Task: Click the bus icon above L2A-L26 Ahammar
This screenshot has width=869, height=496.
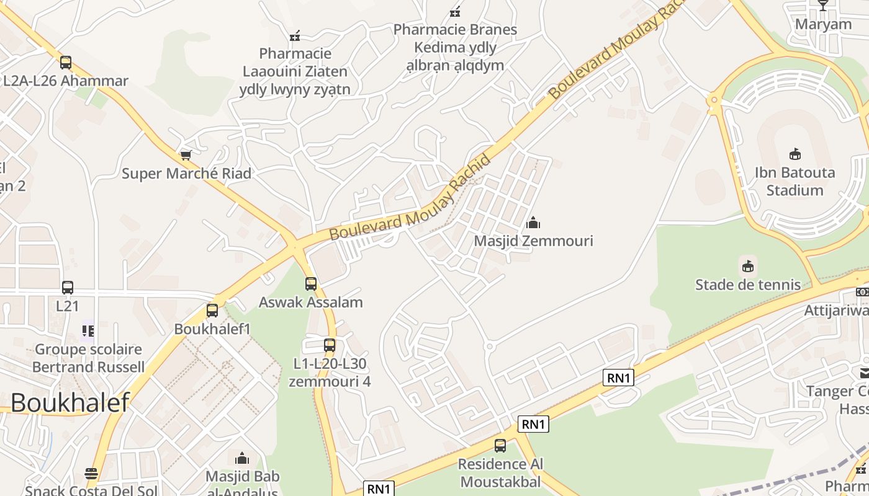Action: point(66,63)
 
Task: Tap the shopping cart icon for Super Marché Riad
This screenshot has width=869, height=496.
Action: point(186,154)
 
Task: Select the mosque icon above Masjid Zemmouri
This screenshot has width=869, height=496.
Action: point(533,223)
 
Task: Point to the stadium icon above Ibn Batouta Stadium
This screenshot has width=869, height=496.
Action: point(795,154)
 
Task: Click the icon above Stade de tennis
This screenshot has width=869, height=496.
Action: point(748,267)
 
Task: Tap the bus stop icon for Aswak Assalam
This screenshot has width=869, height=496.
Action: point(311,284)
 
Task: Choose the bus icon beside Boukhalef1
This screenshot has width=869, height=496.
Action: point(212,311)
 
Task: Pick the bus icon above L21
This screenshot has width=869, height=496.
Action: point(68,288)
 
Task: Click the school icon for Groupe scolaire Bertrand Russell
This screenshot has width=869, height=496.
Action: point(88,331)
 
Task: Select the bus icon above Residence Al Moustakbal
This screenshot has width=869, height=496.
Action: point(500,445)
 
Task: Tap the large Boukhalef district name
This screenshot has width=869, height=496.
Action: point(70,402)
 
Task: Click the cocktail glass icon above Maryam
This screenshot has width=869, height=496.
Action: point(823,6)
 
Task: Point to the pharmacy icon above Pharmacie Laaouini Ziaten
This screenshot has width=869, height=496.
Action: point(295,35)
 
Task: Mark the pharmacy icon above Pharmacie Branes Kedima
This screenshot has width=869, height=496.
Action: point(455,11)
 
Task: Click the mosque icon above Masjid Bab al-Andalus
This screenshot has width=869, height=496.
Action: point(242,458)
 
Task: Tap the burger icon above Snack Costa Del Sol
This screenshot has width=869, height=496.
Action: point(91,474)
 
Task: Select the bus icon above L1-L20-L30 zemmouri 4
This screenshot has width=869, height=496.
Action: point(330,345)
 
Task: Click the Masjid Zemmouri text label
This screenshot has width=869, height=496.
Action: point(533,241)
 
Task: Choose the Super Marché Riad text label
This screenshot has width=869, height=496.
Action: point(186,173)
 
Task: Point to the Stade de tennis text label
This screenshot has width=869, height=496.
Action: point(748,285)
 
